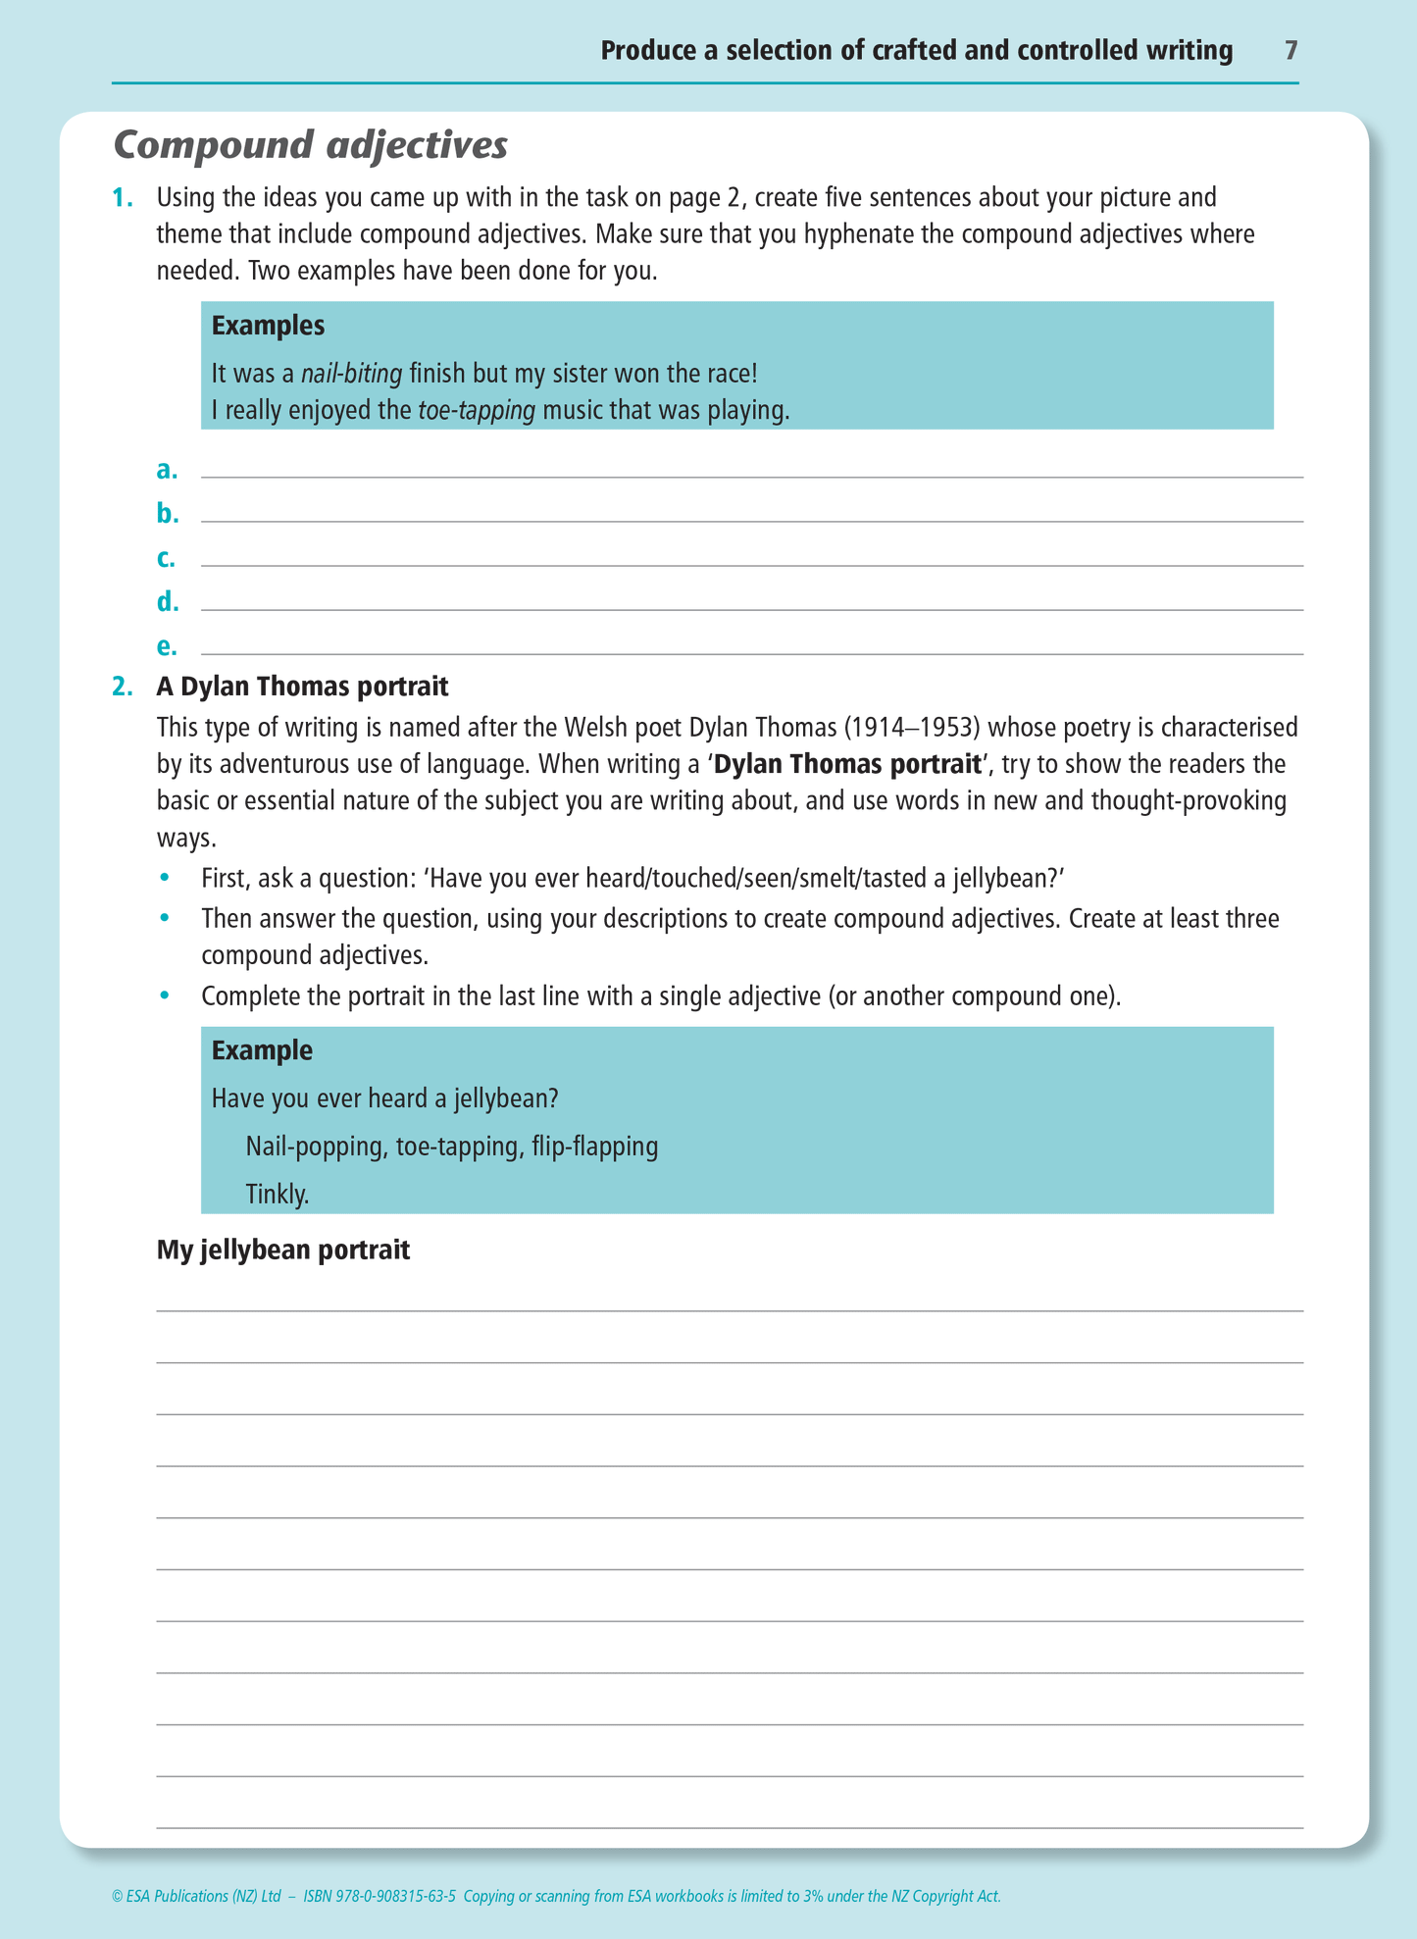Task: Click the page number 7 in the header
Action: [x=1290, y=51]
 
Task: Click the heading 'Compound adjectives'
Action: [x=311, y=145]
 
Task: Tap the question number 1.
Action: [x=122, y=198]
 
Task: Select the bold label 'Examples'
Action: [x=268, y=326]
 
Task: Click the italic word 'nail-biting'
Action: [x=351, y=374]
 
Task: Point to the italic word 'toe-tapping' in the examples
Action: [x=477, y=411]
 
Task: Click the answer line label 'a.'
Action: [x=167, y=471]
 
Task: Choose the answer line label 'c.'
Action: [x=166, y=559]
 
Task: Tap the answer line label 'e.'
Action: [x=167, y=647]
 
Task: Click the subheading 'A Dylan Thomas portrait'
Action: [x=302, y=687]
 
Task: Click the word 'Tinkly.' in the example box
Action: [x=278, y=1195]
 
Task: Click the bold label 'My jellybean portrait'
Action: [x=283, y=1250]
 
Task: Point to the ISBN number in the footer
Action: [x=380, y=1896]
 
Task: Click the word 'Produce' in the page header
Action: [x=647, y=51]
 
